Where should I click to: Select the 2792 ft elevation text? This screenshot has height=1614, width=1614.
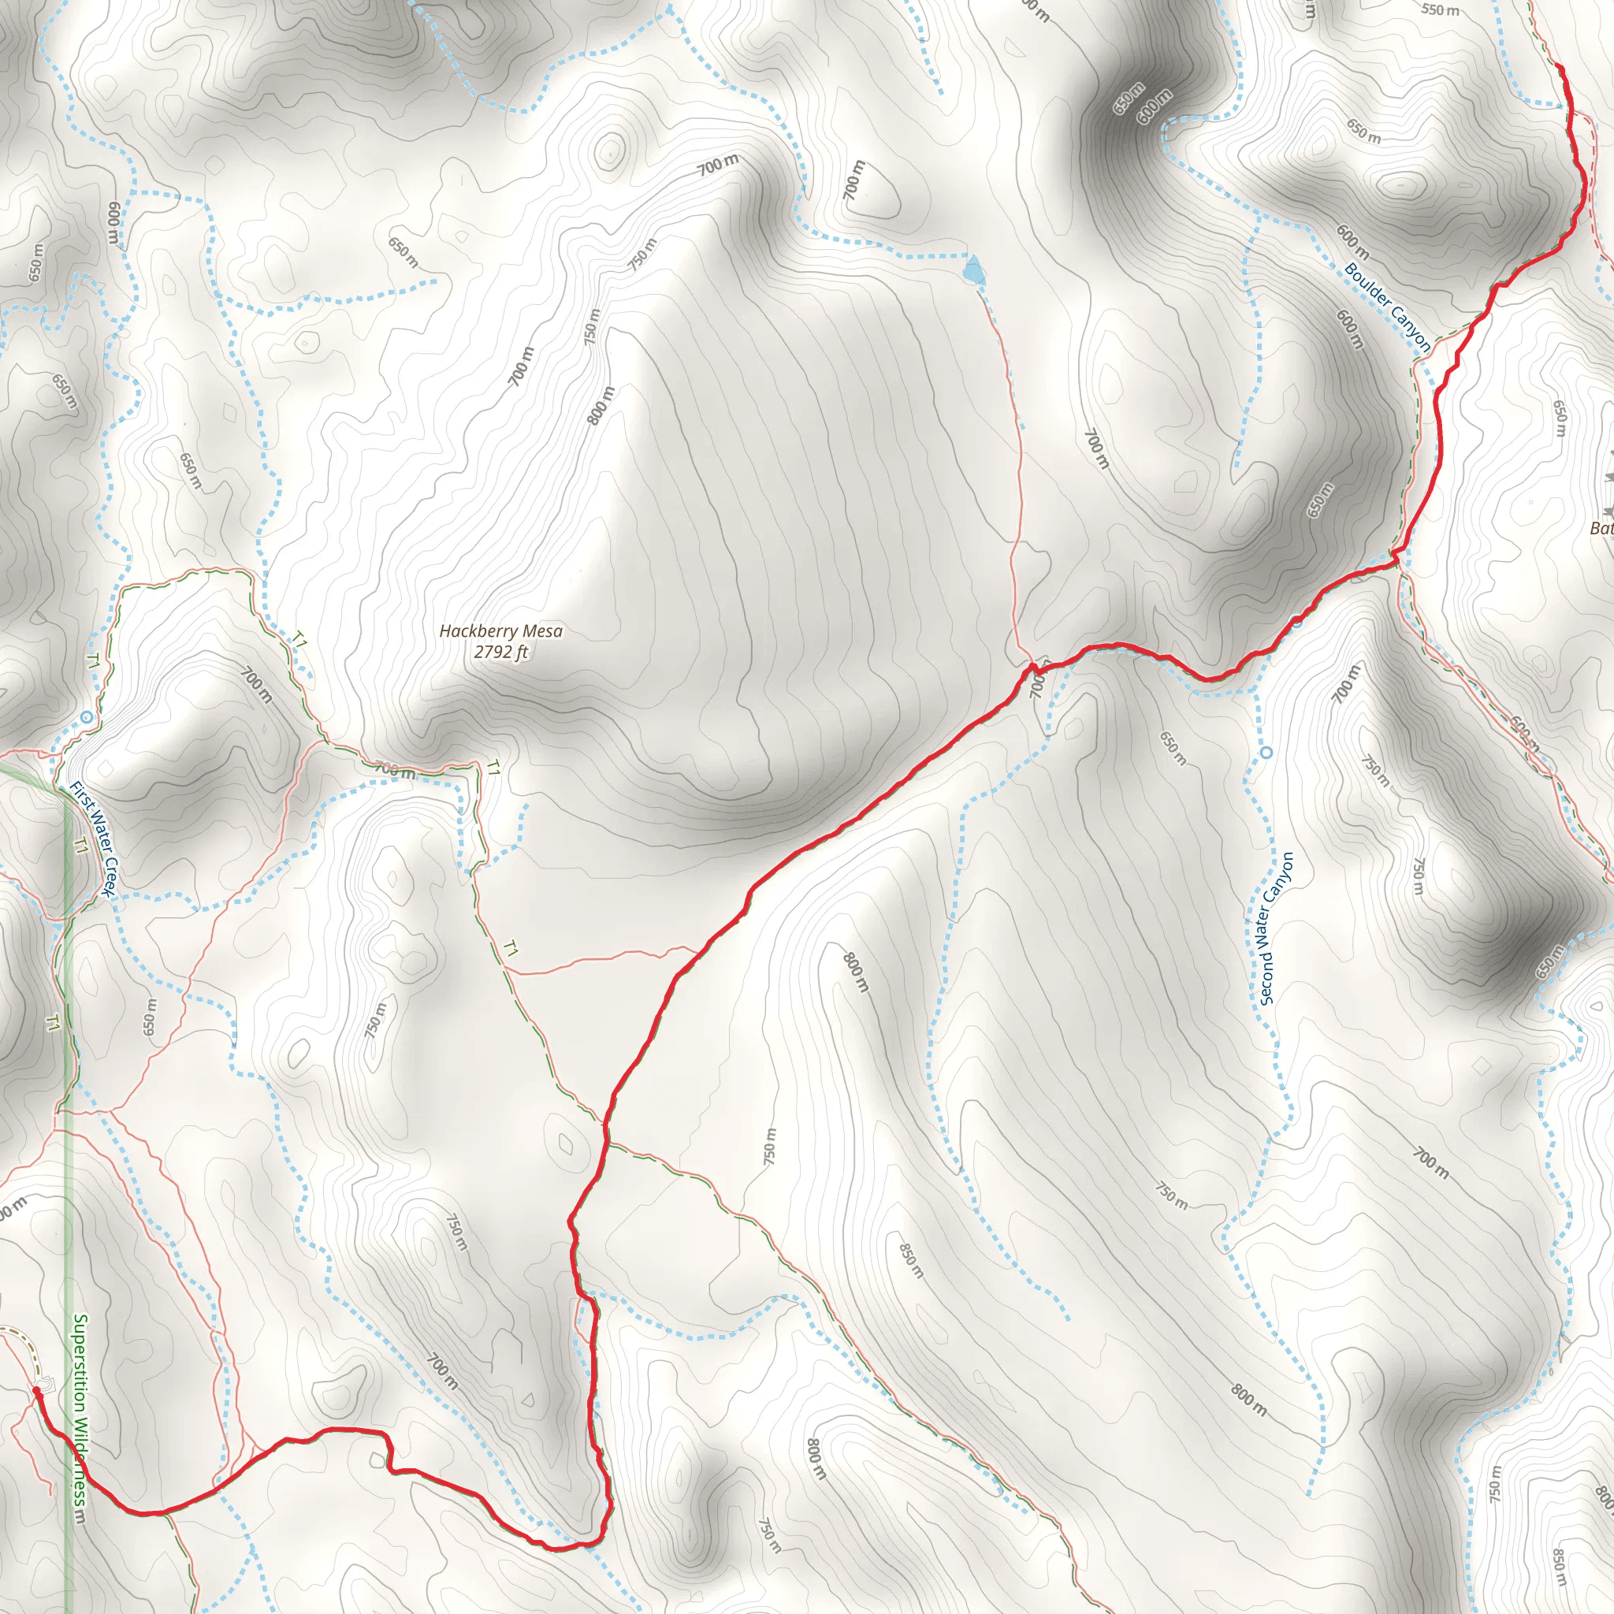pyautogui.click(x=500, y=652)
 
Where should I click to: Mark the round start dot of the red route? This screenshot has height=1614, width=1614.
pyautogui.click(x=37, y=1390)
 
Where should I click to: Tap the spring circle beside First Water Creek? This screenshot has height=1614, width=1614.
pyautogui.click(x=87, y=717)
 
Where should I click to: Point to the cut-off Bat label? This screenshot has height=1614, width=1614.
pyautogui.click(x=1602, y=528)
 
